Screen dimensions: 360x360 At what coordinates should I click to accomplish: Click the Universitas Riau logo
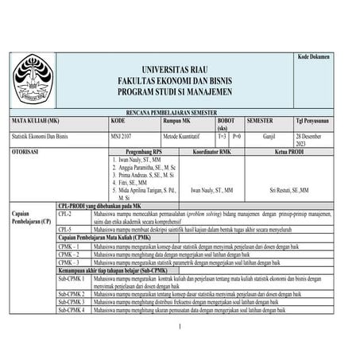click(x=30, y=80)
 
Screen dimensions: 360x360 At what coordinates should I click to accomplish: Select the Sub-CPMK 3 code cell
click(x=72, y=302)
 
